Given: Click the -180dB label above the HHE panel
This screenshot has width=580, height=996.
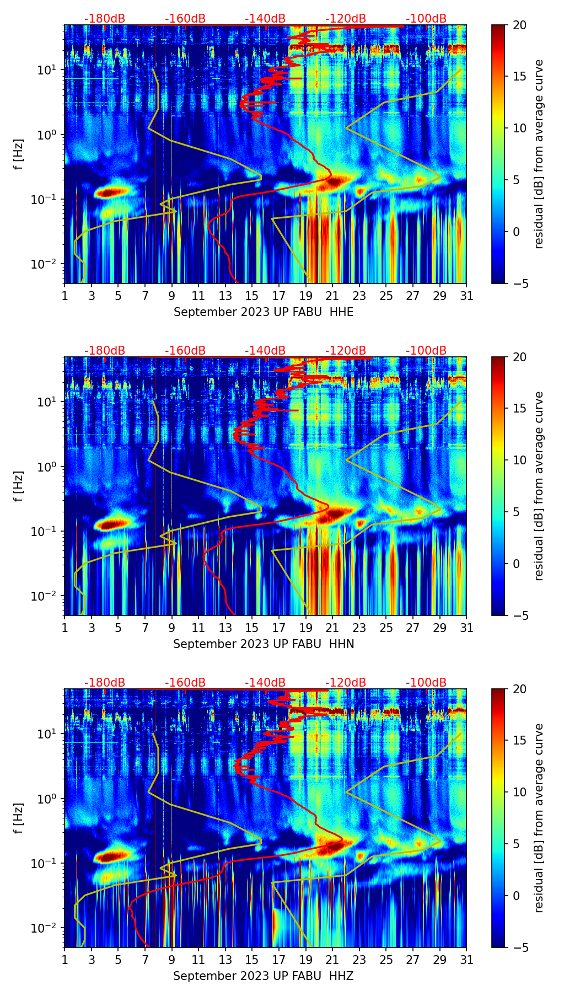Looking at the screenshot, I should pyautogui.click(x=105, y=19).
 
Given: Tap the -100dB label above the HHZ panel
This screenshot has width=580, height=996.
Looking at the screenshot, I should pyautogui.click(x=426, y=683).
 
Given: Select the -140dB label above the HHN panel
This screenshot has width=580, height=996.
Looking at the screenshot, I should pyautogui.click(x=265, y=351).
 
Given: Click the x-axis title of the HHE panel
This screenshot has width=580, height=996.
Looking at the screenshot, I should pyautogui.click(x=264, y=312).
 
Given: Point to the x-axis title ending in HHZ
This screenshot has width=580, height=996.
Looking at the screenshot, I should pyautogui.click(x=264, y=976).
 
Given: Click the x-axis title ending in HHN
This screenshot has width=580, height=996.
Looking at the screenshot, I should pyautogui.click(x=264, y=644).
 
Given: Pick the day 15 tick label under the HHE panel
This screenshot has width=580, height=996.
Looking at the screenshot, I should pyautogui.click(x=252, y=296).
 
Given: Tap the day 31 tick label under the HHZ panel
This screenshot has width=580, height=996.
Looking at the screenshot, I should pyautogui.click(x=466, y=960).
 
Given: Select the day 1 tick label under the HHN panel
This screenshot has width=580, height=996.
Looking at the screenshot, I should pyautogui.click(x=65, y=628).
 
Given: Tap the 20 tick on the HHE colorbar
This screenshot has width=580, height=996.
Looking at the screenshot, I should pyautogui.click(x=520, y=25).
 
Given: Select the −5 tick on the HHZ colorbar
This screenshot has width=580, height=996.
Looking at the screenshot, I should pyautogui.click(x=518, y=947).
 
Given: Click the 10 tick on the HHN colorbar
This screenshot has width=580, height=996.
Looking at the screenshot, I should pyautogui.click(x=520, y=460).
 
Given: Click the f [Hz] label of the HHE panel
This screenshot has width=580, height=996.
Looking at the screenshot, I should pyautogui.click(x=18, y=154).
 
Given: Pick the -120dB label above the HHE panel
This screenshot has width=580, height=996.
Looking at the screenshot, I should pyautogui.click(x=346, y=19).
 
